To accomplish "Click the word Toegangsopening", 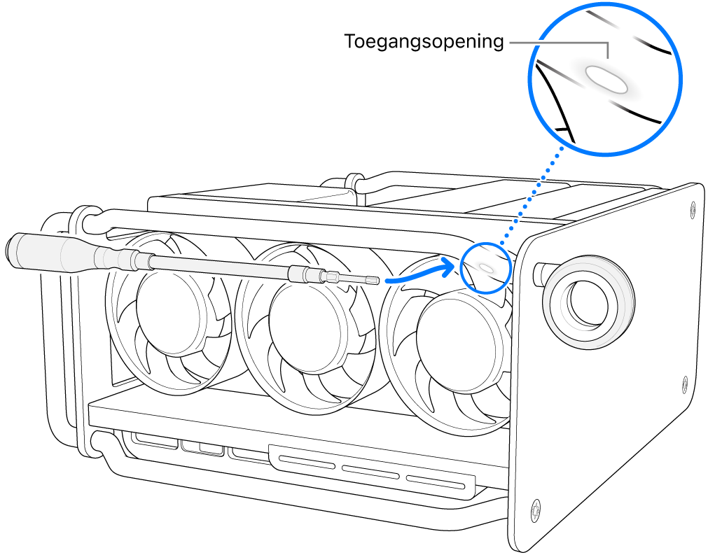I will click(x=424, y=42).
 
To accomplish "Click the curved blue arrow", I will click(x=419, y=274).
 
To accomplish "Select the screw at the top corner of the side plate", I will click(x=691, y=207).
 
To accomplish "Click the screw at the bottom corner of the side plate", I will click(x=536, y=510).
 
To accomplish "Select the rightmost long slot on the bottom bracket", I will click(x=438, y=482).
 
